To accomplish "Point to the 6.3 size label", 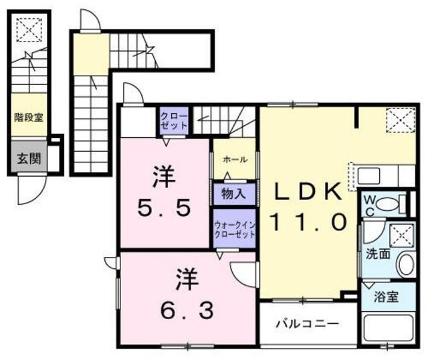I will coord(187,309).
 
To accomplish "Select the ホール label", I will coord(234,159).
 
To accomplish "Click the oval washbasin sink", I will coord(405,265).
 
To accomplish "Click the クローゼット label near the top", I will coord(174,121).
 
